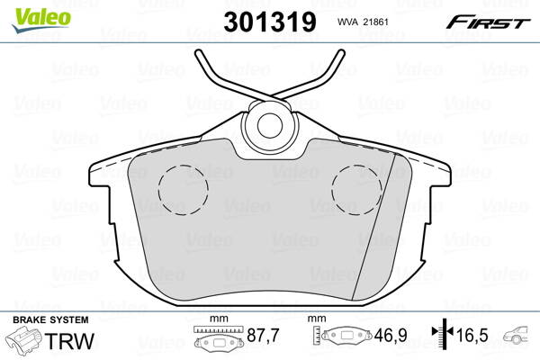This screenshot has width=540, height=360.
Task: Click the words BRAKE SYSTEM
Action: pyautogui.click(x=50, y=320)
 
